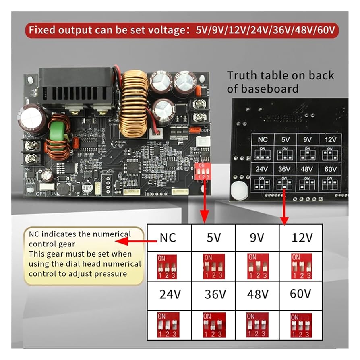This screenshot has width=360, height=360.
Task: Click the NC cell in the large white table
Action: point(168,237)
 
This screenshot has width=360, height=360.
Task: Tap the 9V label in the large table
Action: point(257,237)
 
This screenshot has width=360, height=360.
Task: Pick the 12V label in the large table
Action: point(302,237)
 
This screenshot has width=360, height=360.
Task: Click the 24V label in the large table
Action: point(169,294)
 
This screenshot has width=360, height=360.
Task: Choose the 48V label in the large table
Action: point(257,294)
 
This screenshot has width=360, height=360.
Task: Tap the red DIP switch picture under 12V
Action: point(301,266)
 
